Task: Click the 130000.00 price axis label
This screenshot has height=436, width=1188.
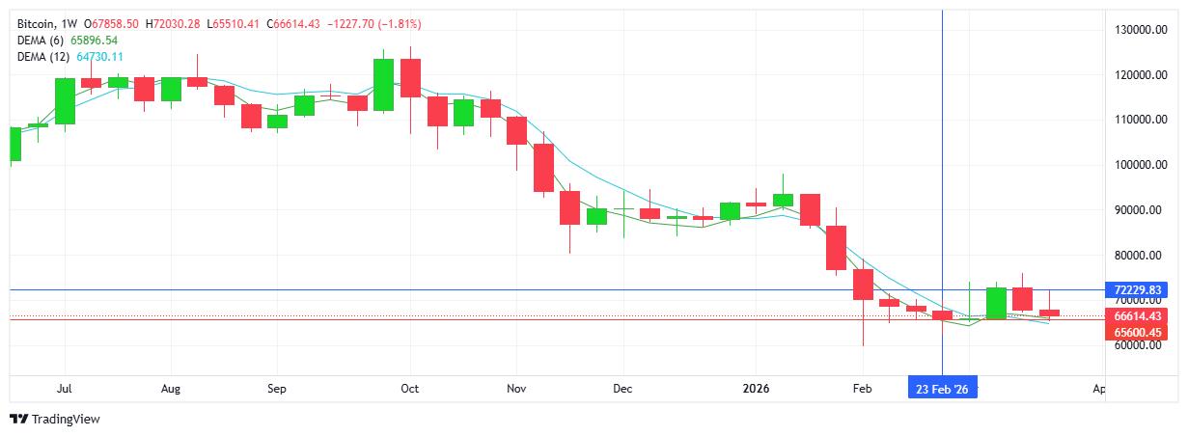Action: (x=1135, y=30)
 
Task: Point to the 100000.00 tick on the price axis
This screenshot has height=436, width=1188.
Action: (x=1135, y=165)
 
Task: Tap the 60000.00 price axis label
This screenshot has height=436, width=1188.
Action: (x=1135, y=345)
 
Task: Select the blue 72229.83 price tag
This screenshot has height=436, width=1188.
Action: (x=1135, y=289)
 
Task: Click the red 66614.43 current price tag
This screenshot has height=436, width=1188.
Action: (x=1135, y=315)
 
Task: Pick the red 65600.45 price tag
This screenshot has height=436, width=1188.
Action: (x=1135, y=331)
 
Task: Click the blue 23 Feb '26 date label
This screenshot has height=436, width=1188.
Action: (x=942, y=389)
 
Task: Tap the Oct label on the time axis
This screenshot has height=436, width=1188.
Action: (x=409, y=389)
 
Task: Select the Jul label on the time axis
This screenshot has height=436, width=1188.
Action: (x=65, y=389)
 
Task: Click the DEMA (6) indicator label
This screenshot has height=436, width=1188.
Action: (x=40, y=41)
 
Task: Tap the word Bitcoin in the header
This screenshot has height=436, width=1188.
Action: (x=34, y=23)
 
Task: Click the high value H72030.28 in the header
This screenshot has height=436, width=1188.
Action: (x=169, y=23)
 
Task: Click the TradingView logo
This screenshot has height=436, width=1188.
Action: (x=55, y=420)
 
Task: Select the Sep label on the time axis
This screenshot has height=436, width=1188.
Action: (x=276, y=389)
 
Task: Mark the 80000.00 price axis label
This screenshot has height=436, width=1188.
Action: (x=1135, y=256)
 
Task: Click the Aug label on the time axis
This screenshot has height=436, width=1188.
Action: (x=170, y=389)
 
